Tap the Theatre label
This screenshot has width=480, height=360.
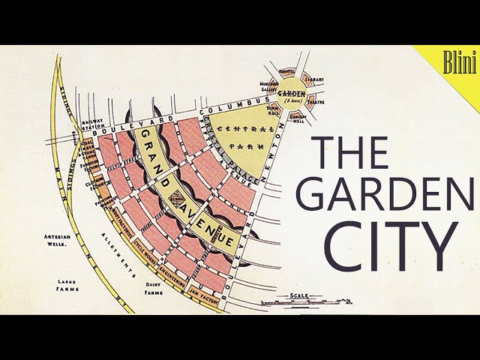(316, 100)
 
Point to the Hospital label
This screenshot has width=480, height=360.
(287, 72)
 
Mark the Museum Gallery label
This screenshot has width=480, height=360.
(269, 87)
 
